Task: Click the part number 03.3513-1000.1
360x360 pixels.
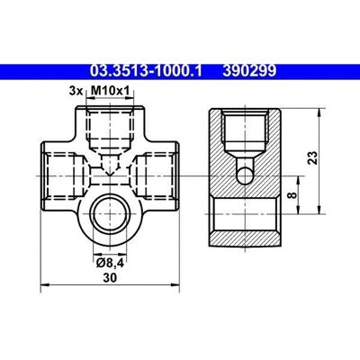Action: pos(146,71)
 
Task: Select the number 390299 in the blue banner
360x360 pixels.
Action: pos(249,71)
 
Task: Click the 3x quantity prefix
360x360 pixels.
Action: pos(76,91)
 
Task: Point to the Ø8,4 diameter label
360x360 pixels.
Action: pos(109,263)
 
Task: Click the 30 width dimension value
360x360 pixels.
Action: pos(110,278)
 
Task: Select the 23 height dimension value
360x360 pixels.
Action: pos(312,157)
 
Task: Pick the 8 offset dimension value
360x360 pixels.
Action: pos(292,195)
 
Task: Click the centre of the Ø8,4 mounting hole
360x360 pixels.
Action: pos(110,213)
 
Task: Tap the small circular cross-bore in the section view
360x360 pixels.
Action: pos(245,175)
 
